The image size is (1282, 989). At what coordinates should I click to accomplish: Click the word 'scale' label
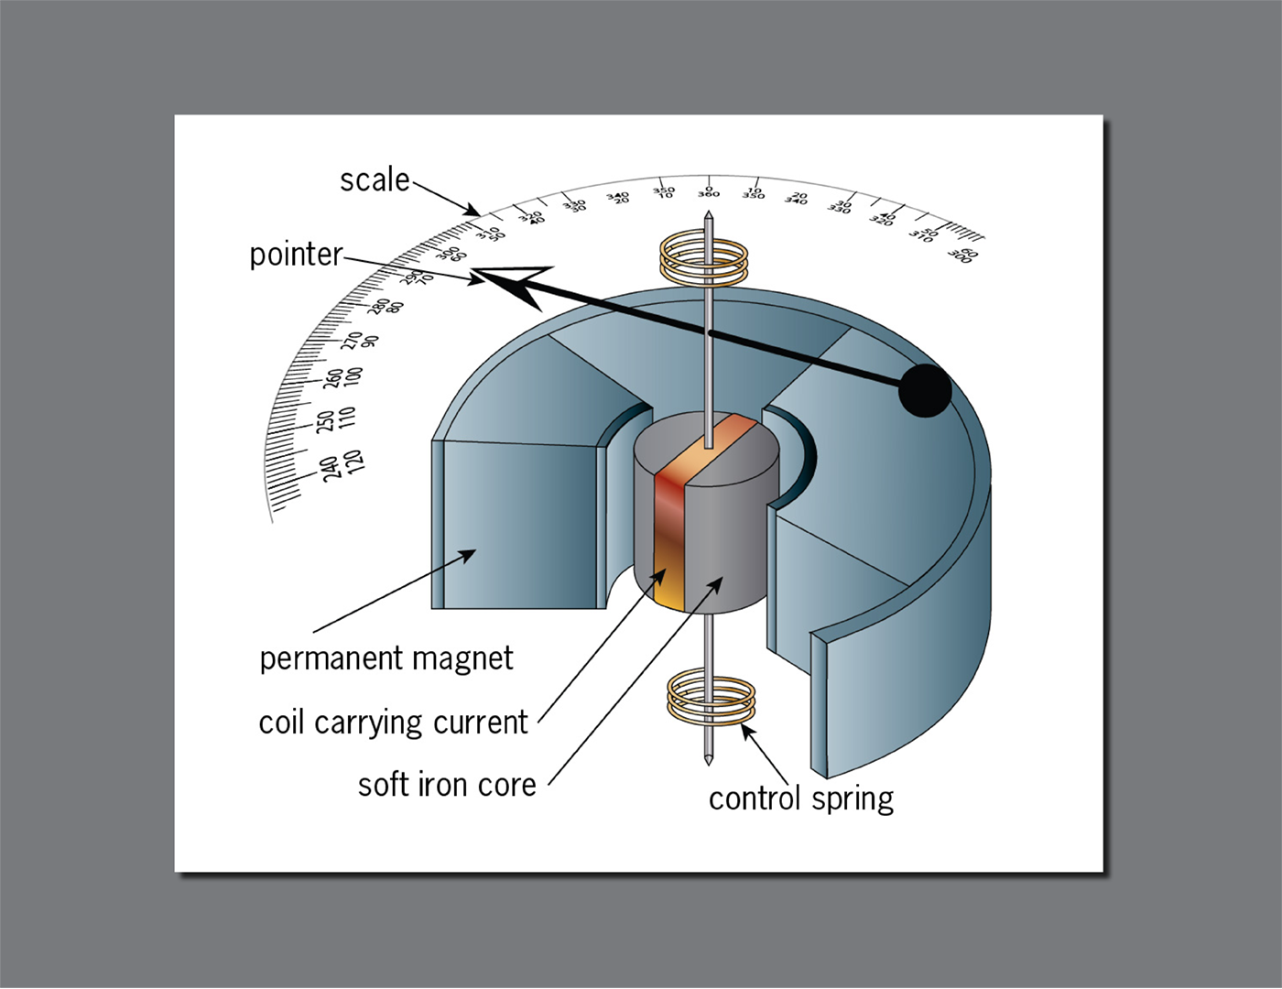375,179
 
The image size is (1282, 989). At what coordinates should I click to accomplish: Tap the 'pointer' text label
296,254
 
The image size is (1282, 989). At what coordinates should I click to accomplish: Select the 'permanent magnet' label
386,658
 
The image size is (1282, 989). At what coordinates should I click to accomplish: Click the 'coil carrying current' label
393,723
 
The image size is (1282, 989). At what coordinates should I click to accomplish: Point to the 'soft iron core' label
447,785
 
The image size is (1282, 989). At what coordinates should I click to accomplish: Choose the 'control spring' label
800,799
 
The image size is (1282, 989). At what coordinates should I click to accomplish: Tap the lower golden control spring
712,700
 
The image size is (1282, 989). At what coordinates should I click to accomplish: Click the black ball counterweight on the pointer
925,390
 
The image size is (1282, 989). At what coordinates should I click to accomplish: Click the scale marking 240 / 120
343,463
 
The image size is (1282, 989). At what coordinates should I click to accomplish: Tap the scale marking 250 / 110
335,419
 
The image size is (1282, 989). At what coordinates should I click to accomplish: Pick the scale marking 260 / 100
344,376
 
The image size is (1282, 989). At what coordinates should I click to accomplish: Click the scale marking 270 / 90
360,341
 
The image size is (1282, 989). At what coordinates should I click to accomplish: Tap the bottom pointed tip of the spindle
708,762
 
